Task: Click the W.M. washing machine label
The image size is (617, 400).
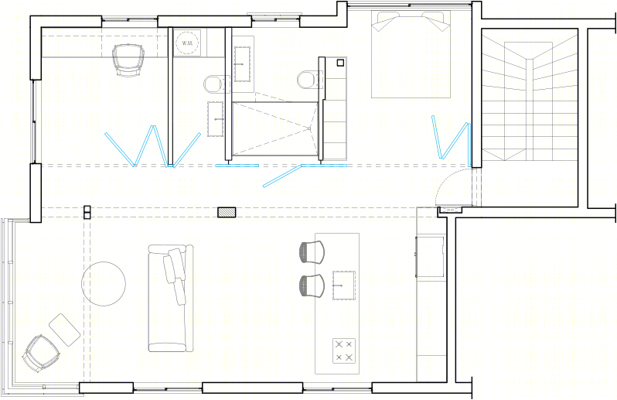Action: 187,43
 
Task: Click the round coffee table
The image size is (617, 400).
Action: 104,284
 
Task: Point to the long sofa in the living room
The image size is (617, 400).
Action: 170,298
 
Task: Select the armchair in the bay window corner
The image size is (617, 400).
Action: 41,353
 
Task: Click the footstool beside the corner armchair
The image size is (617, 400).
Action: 65,330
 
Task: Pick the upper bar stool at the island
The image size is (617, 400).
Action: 312,252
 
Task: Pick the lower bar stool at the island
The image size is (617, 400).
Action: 312,285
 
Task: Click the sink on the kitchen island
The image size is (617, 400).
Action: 344,285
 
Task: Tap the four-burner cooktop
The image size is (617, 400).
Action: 344,350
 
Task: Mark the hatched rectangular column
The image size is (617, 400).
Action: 227,212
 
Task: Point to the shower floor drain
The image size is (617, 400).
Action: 309,128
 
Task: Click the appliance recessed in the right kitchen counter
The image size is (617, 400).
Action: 431,257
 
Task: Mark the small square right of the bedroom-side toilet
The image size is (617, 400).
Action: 340,63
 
